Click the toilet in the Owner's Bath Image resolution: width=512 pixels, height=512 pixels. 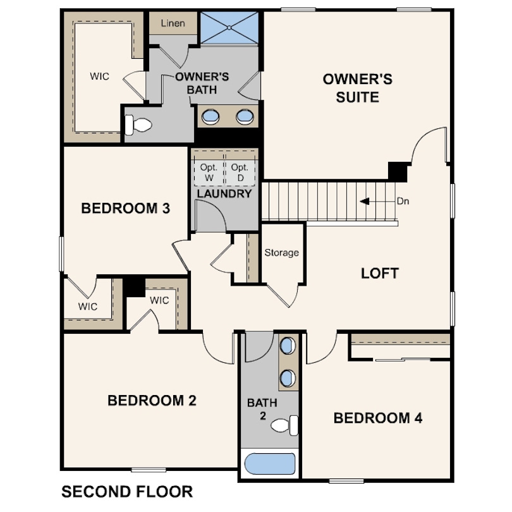click(x=138, y=125)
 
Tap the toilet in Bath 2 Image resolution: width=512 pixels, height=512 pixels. click(x=284, y=425)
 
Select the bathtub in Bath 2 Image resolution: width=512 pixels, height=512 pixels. click(x=270, y=464)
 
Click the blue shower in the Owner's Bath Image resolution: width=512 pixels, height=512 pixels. click(x=229, y=28)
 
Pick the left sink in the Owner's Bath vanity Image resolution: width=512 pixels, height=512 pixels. click(x=210, y=116)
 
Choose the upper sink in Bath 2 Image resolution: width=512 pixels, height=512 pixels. click(x=288, y=346)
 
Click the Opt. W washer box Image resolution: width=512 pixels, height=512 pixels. click(x=209, y=173)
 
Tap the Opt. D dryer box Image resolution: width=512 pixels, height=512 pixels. click(x=240, y=173)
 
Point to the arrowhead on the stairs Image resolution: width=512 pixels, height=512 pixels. click(x=365, y=201)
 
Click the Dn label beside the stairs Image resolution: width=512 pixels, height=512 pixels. click(x=403, y=201)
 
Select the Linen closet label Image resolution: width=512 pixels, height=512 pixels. click(x=173, y=23)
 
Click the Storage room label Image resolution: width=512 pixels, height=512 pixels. click(x=281, y=253)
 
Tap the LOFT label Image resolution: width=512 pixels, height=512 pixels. click(x=380, y=274)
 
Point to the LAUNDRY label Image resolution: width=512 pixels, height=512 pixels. click(x=224, y=193)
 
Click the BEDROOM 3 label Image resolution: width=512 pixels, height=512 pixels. click(x=126, y=209)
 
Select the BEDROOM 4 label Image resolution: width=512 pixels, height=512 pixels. click(x=378, y=418)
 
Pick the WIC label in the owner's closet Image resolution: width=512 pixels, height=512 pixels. click(x=100, y=76)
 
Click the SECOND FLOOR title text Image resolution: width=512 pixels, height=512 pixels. click(x=127, y=492)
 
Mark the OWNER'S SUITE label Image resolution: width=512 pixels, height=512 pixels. click(x=358, y=88)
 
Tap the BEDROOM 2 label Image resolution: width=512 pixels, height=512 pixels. click(x=152, y=401)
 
